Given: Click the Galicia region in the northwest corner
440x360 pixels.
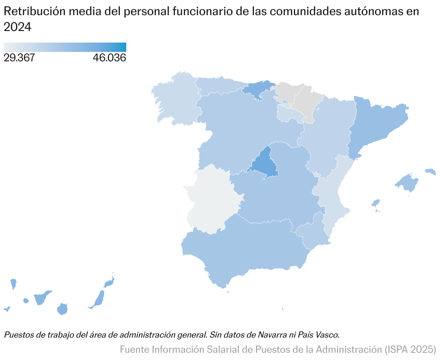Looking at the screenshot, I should [x=177, y=101].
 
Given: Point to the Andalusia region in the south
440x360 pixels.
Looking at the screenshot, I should [x=245, y=249].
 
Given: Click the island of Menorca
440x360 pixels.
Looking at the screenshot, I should [x=430, y=171].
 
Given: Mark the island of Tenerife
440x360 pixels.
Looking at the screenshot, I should [x=41, y=298].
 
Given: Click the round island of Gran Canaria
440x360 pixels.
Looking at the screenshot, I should [x=62, y=309].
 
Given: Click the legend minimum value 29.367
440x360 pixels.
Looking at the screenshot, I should [x=19, y=58].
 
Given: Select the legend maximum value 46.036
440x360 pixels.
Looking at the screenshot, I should [x=109, y=58].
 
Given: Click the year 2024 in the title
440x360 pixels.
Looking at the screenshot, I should [x=18, y=27].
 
